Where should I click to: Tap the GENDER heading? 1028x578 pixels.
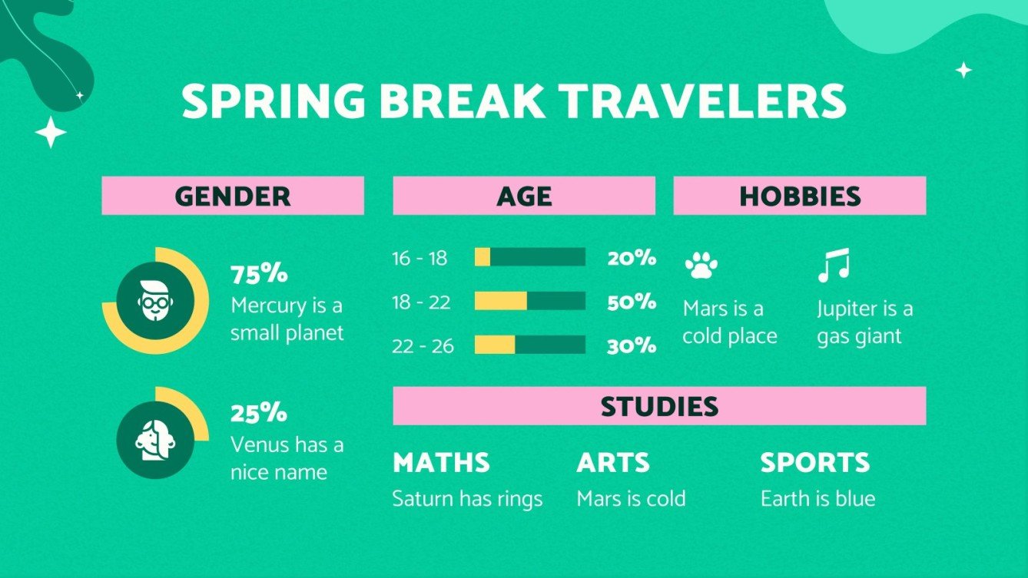pyautogui.click(x=233, y=196)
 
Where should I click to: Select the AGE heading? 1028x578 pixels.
pyautogui.click(x=524, y=196)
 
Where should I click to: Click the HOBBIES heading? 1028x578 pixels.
pyautogui.click(x=800, y=196)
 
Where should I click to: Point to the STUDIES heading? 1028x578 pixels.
pyautogui.click(x=659, y=406)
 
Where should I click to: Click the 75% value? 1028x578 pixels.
pyautogui.click(x=259, y=274)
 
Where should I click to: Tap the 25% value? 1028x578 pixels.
pyautogui.click(x=259, y=413)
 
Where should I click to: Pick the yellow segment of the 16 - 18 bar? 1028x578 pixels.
pyautogui.click(x=482, y=257)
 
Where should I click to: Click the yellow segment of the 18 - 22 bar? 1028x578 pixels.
pyautogui.click(x=501, y=301)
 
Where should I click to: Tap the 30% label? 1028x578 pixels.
pyautogui.click(x=632, y=346)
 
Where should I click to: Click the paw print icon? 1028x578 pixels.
pyautogui.click(x=701, y=266)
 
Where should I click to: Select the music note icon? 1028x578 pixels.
pyautogui.click(x=834, y=265)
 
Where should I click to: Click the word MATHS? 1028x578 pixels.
pyautogui.click(x=441, y=463)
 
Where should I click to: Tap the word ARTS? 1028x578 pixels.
pyautogui.click(x=613, y=463)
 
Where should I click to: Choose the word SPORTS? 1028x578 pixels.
pyautogui.click(x=814, y=463)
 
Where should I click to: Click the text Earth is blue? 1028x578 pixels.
pyautogui.click(x=817, y=499)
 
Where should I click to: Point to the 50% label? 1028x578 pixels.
pyautogui.click(x=632, y=302)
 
